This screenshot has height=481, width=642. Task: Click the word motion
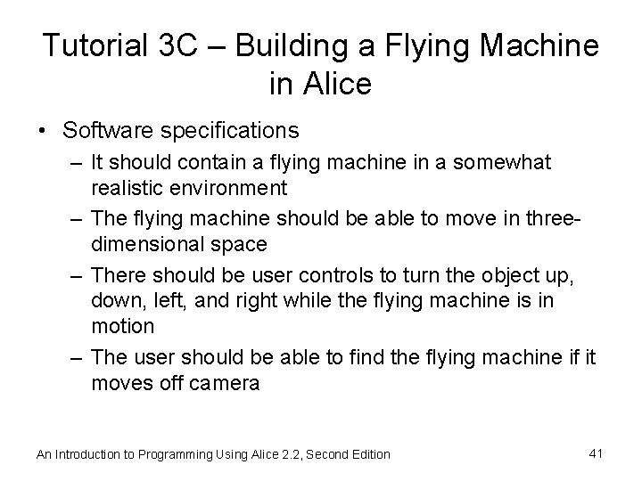122,325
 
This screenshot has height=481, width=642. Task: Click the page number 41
597,453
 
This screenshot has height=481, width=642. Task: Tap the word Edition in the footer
367,454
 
